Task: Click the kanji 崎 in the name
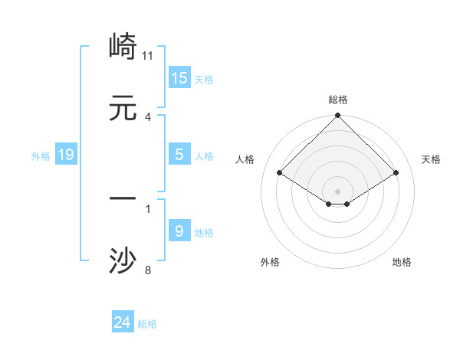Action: (123, 47)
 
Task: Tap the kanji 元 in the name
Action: (123, 109)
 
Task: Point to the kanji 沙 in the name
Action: (123, 260)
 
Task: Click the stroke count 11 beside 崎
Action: (149, 56)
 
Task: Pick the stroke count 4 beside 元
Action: (148, 117)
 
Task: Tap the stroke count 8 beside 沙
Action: (148, 270)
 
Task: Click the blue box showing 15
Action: (179, 78)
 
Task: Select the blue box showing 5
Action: (179, 155)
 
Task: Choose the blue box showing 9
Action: (179, 231)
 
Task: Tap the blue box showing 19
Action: (66, 155)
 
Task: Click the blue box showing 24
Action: (123, 323)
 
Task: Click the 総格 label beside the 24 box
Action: (148, 324)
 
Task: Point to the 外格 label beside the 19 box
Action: (41, 156)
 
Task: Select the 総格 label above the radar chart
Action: (338, 100)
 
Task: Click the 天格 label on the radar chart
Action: (431, 159)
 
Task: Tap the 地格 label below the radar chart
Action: (402, 262)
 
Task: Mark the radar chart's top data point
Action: (338, 117)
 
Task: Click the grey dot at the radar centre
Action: (338, 191)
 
